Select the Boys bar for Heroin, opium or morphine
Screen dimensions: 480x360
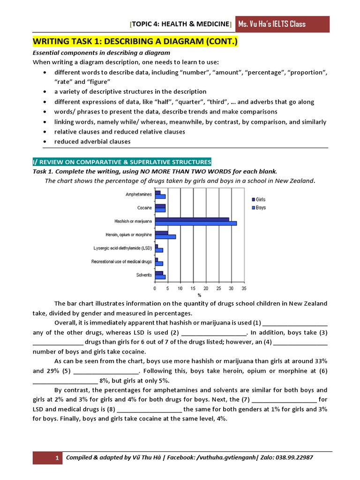point(165,237)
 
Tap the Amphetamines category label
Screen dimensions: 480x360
point(138,194)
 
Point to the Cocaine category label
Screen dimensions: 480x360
point(144,208)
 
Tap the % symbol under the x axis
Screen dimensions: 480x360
point(199,295)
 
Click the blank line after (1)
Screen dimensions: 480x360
point(295,323)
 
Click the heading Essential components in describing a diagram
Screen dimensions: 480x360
point(101,53)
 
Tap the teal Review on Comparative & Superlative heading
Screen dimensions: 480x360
point(122,162)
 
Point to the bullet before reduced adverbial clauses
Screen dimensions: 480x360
point(44,142)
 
